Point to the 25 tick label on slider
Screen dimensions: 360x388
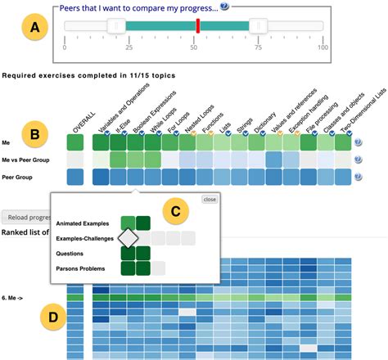(x=129, y=47)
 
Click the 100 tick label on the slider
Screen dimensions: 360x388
(x=323, y=47)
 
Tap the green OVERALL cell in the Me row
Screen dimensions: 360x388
(x=75, y=142)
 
